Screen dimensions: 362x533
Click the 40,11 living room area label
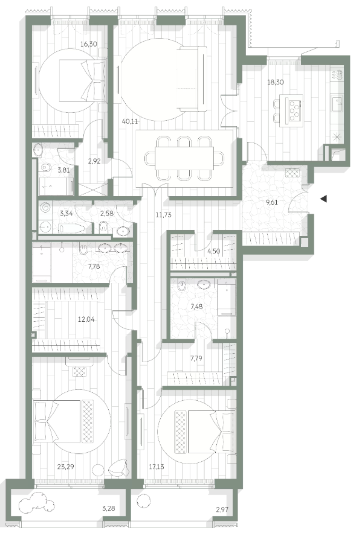pyautogui.click(x=129, y=121)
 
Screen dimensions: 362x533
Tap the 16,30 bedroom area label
pyautogui.click(x=88, y=44)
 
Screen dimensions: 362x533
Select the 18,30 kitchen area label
pyautogui.click(x=276, y=82)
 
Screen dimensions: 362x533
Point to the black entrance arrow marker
pyautogui.click(x=323, y=199)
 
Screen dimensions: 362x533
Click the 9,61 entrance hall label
pyautogui.click(x=272, y=203)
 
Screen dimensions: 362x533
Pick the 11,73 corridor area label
pyautogui.click(x=164, y=215)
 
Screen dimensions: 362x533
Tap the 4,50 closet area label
pyautogui.click(x=214, y=252)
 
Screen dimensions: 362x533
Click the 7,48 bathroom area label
pyautogui.click(x=196, y=307)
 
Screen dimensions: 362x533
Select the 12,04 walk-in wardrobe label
pyautogui.click(x=86, y=319)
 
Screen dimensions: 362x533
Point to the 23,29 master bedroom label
pyautogui.click(x=66, y=467)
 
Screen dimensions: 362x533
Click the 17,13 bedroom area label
pyautogui.click(x=157, y=467)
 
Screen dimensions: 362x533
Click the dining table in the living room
pyautogui.click(x=184, y=158)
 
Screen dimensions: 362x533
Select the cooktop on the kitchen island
pyautogui.click(x=294, y=110)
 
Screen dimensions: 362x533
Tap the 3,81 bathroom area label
pyautogui.click(x=63, y=170)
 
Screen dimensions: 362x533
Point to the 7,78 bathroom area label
pyautogui.click(x=94, y=266)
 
